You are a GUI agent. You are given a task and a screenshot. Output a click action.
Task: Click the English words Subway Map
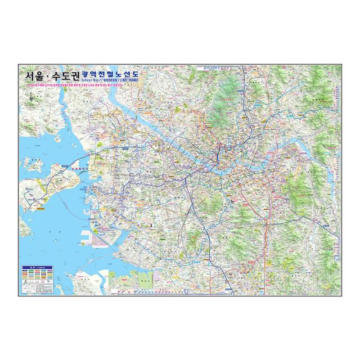[x=92, y=81]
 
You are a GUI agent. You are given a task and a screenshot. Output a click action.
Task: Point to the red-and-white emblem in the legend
[x=25, y=289]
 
